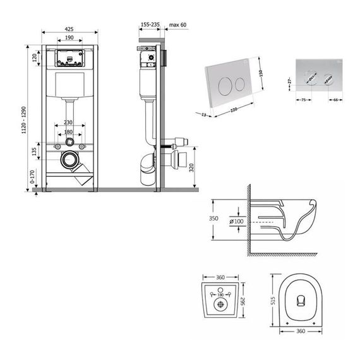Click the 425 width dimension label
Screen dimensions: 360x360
[70, 28]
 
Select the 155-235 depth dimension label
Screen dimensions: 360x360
[150, 25]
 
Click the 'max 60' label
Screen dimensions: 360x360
[179, 25]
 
